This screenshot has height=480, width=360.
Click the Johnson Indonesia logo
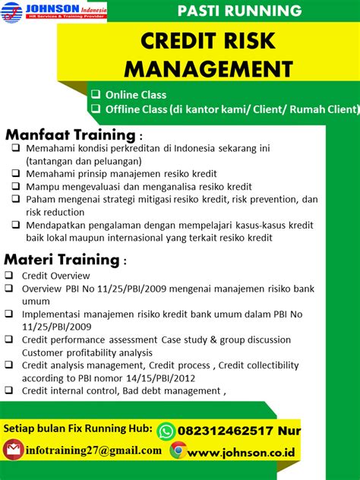53,11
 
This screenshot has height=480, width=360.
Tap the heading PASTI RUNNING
238,11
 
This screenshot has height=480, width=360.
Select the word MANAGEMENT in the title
208,69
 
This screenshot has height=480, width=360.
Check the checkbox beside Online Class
96,95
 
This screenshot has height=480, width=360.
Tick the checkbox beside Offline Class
96,109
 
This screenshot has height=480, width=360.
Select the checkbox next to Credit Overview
8,276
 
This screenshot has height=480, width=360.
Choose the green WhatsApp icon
166,431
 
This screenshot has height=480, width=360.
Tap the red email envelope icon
12,450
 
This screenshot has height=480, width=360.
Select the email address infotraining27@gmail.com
93,450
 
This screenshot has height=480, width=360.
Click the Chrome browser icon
178,450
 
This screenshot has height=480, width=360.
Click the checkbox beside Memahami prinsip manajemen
16,174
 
